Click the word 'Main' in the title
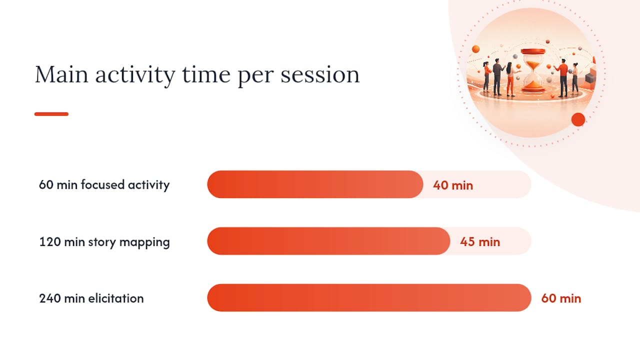click(x=61, y=74)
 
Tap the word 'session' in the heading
click(x=320, y=74)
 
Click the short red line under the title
click(x=51, y=114)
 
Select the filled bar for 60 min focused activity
click(x=315, y=184)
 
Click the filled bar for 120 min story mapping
click(x=328, y=241)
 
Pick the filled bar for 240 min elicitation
click(x=369, y=297)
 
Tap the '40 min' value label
click(x=453, y=185)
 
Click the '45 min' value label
click(x=480, y=242)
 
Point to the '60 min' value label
click(x=561, y=298)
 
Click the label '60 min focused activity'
click(x=104, y=185)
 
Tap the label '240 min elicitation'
click(x=91, y=298)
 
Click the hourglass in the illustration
click(x=533, y=70)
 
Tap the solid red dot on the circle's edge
click(x=578, y=119)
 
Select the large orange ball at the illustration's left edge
click(x=475, y=49)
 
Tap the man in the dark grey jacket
click(x=498, y=77)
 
